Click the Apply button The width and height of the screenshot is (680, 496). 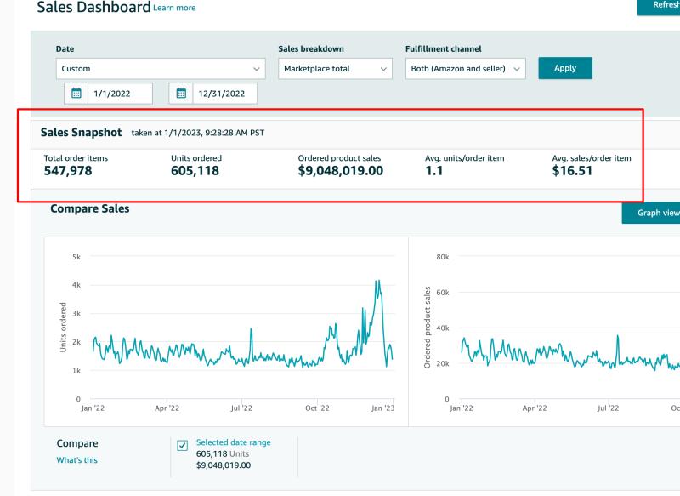[x=565, y=68]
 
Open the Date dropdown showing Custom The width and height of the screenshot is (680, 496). [x=161, y=69]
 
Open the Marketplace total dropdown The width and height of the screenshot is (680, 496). [x=335, y=69]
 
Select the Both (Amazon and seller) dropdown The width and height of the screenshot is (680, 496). [x=465, y=69]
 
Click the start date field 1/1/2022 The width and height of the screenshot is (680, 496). [x=120, y=94]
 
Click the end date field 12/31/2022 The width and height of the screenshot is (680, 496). [x=224, y=94]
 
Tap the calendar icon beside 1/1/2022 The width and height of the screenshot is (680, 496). [x=76, y=94]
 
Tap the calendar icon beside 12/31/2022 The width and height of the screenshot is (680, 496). [x=181, y=94]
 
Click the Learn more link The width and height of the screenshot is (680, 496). [x=174, y=8]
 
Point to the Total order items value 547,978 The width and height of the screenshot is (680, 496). [x=68, y=170]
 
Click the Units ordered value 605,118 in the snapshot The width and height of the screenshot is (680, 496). [x=195, y=170]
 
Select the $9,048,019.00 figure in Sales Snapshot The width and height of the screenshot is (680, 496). [x=341, y=170]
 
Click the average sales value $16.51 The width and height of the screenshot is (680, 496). [x=572, y=170]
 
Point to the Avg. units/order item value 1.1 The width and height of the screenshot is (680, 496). [x=434, y=170]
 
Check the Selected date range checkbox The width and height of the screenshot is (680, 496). [x=183, y=445]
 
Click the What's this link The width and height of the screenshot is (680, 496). [x=76, y=460]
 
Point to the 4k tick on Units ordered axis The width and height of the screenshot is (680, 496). [x=76, y=285]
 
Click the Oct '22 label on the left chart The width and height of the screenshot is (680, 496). [x=317, y=408]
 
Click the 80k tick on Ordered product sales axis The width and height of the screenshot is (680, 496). [x=443, y=257]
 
